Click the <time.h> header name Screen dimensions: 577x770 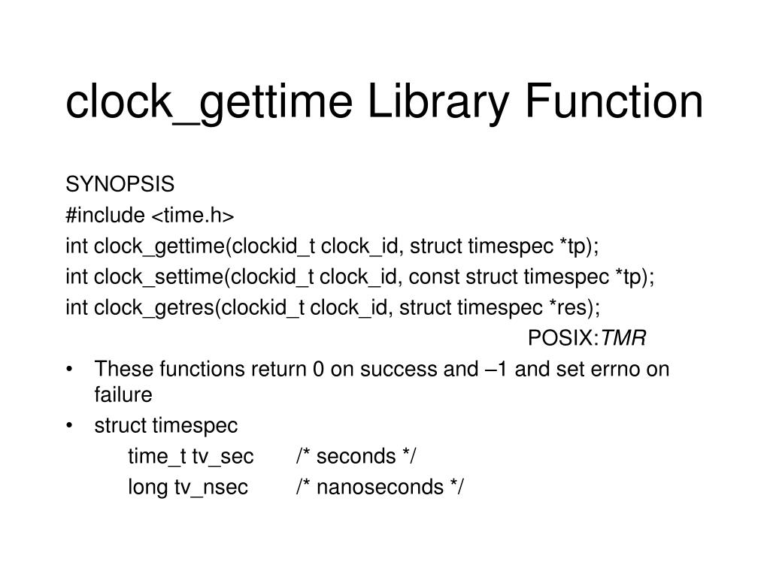pos(193,216)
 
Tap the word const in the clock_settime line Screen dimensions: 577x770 pos(431,276)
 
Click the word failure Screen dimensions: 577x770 pos(123,394)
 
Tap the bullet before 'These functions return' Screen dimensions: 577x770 pos(69,370)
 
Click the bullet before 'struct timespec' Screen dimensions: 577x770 pos(69,426)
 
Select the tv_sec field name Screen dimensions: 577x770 pos(223,456)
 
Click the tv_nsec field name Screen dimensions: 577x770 pos(211,488)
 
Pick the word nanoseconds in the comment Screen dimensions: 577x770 pos(380,488)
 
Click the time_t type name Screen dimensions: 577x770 pos(157,456)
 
